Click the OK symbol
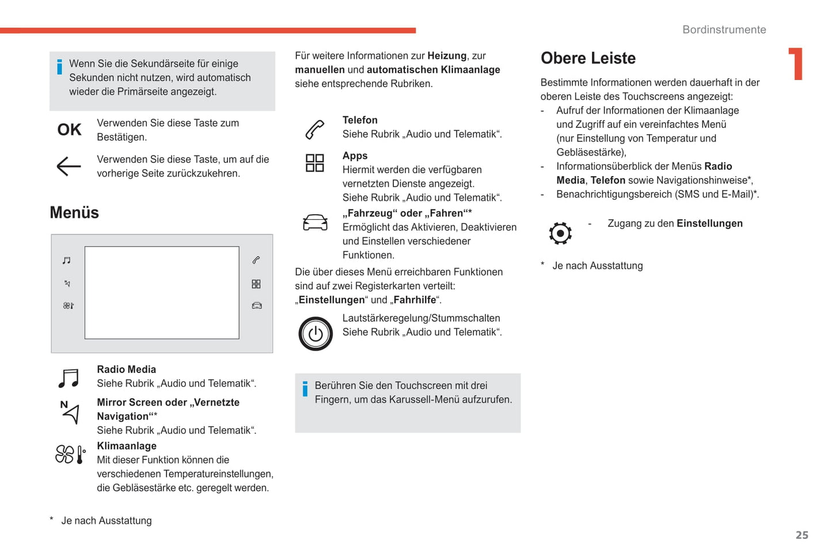[x=69, y=130]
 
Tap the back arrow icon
[x=69, y=166]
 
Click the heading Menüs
[x=74, y=212]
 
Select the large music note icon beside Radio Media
[x=69, y=378]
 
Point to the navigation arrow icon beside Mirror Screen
[x=70, y=412]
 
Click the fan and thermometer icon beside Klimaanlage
[x=70, y=454]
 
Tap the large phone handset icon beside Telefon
[x=314, y=129]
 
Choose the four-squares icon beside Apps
[x=314, y=163]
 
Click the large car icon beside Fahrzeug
[x=315, y=222]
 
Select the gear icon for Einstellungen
[x=560, y=233]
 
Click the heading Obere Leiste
[x=588, y=58]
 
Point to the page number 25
[x=801, y=535]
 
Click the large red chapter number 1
[x=796, y=63]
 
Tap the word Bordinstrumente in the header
[x=724, y=30]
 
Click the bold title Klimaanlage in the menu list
[x=127, y=446]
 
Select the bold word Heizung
[x=447, y=56]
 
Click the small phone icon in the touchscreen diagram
[x=256, y=260]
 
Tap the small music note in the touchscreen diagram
[x=67, y=260]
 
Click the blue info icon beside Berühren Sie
[x=305, y=389]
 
